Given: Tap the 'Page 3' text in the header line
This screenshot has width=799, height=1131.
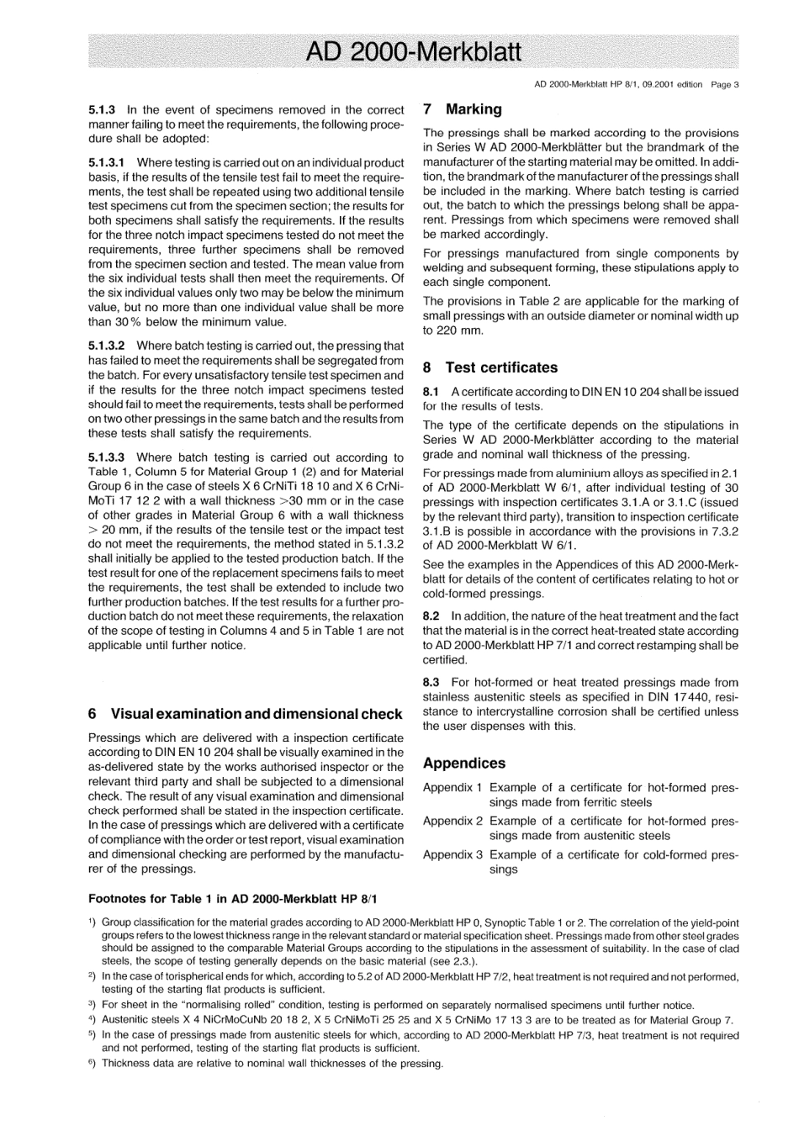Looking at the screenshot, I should click(x=724, y=84).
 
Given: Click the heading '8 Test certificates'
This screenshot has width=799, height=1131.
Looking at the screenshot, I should click(x=489, y=367).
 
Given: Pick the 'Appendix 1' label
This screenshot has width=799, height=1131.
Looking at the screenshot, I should click(x=452, y=788).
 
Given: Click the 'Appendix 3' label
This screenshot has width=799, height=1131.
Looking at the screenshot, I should click(x=452, y=854).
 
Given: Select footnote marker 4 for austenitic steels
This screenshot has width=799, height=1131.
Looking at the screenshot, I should click(x=92, y=1020).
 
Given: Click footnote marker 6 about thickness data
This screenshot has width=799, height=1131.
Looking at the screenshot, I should click(x=92, y=1063).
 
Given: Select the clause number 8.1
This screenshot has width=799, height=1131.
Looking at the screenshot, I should click(x=431, y=392).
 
